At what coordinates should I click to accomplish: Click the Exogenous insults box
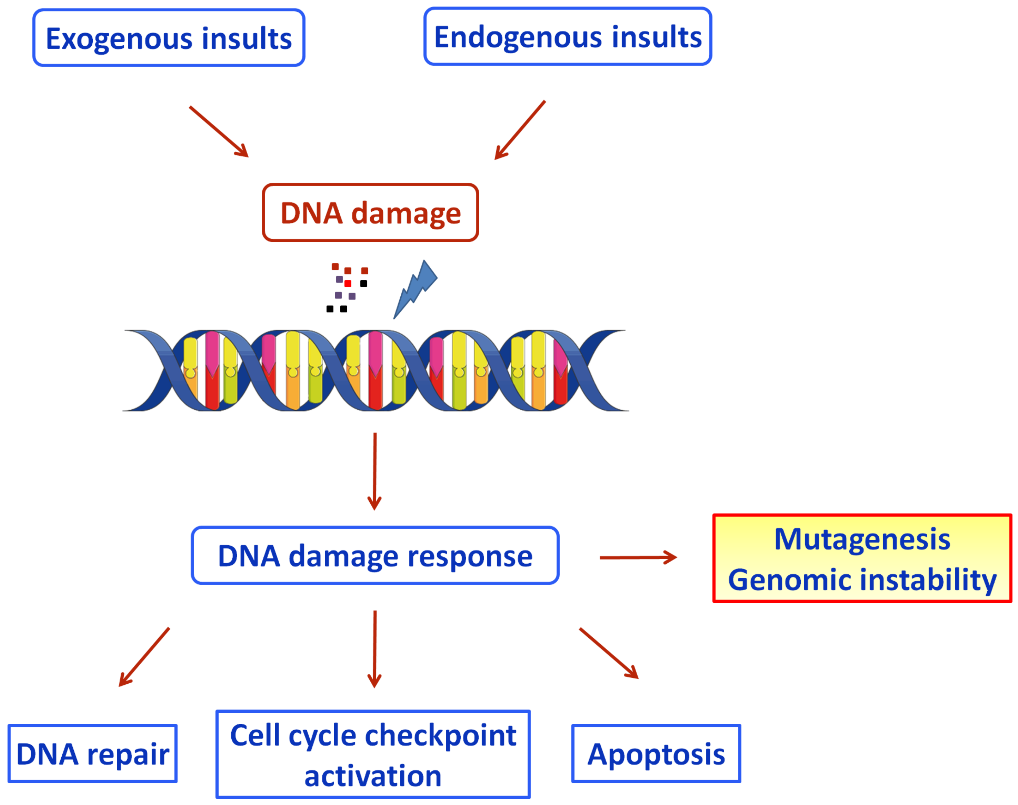coord(169,38)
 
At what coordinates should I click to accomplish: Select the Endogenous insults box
coord(568,36)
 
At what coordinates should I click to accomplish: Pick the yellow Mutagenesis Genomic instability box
coord(862,558)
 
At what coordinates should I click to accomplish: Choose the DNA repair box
coord(92,753)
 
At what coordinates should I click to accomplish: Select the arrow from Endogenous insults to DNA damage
coord(520,130)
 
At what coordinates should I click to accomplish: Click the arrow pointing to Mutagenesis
coord(639,557)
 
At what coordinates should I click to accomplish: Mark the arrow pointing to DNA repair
coord(144,657)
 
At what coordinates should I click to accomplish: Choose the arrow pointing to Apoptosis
coord(609,653)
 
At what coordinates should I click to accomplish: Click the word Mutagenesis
coord(862,539)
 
